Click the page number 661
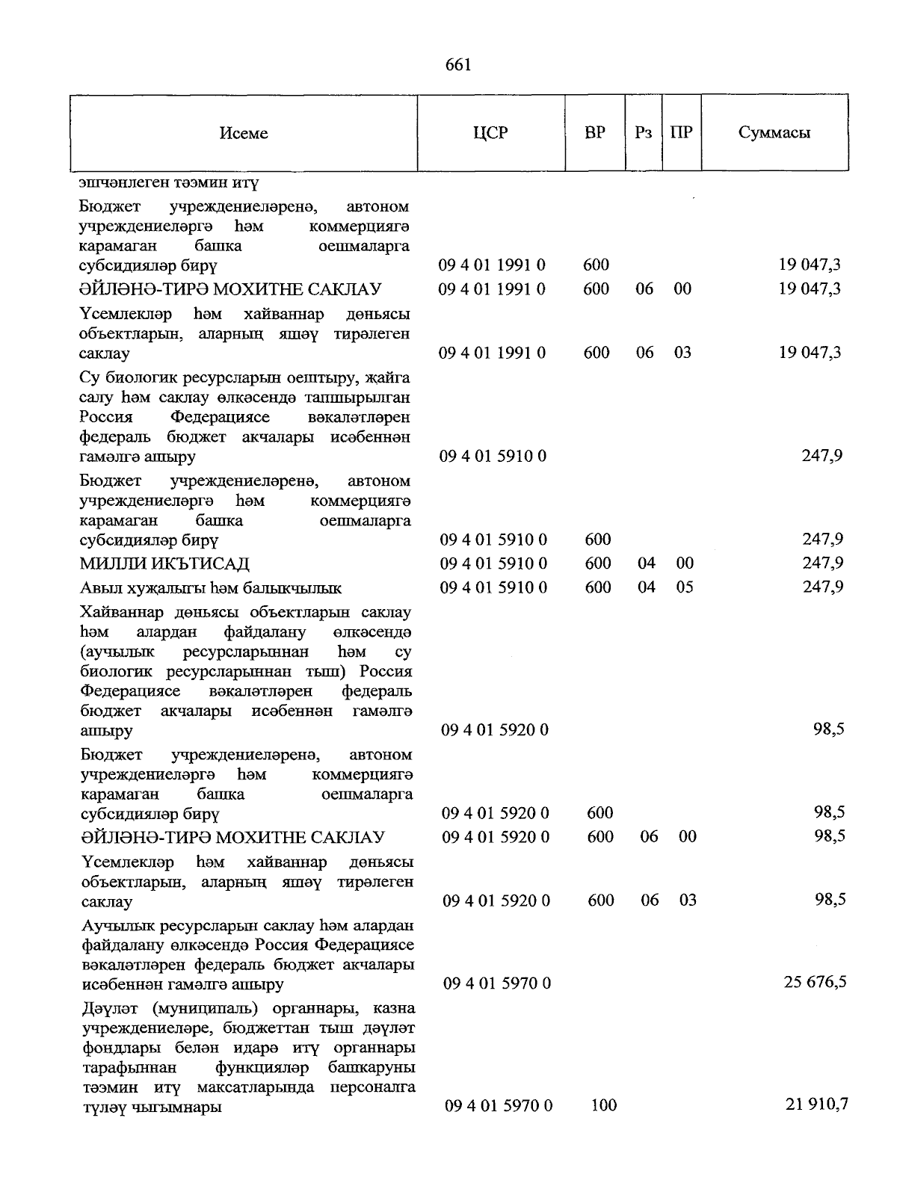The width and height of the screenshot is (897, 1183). coord(457,65)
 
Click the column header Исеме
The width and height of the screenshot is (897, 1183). coord(244,133)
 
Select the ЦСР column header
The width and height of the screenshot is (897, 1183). coord(490,133)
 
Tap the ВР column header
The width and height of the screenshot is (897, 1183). coord(595,133)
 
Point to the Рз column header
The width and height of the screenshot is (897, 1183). coord(643,133)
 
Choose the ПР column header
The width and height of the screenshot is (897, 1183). coord(682,133)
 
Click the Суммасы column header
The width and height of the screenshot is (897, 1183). coord(774,133)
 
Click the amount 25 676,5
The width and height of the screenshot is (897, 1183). coord(815,982)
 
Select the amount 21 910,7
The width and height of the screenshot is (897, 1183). coord(816,1104)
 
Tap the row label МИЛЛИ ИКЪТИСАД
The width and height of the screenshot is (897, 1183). coord(164,563)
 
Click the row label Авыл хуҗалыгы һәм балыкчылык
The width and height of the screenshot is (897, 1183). coord(210,587)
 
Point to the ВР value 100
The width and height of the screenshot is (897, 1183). coord(603,1105)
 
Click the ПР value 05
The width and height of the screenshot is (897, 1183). coord(685,587)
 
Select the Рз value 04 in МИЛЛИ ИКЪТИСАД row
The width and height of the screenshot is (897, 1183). coord(647,563)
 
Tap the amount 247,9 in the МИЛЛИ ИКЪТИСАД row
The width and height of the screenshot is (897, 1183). coord(822,563)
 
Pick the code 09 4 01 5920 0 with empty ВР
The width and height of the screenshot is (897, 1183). coord(495,729)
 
